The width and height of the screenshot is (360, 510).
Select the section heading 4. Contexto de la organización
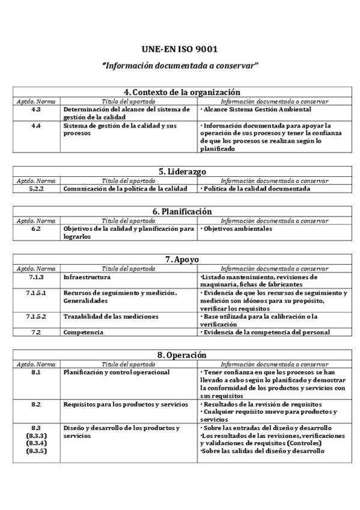[x=182, y=92]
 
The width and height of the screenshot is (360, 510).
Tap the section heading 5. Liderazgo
[x=182, y=171]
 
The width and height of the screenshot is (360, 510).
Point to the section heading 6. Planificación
[x=182, y=212]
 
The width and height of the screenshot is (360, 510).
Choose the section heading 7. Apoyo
[x=182, y=259]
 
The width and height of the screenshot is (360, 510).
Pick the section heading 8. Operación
[x=182, y=355]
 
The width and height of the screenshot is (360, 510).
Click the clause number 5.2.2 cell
[x=37, y=188]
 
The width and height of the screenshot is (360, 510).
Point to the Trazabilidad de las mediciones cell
[x=111, y=316]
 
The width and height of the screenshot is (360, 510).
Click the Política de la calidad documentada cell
[x=255, y=188]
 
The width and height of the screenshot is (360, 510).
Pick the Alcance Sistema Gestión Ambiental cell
[x=256, y=109]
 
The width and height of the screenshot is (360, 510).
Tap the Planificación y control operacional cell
[x=117, y=372]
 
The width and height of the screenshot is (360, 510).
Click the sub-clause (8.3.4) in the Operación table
[x=37, y=443]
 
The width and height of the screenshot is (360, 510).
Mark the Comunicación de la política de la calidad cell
[x=126, y=188]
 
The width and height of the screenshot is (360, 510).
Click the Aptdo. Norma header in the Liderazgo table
[x=37, y=180]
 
